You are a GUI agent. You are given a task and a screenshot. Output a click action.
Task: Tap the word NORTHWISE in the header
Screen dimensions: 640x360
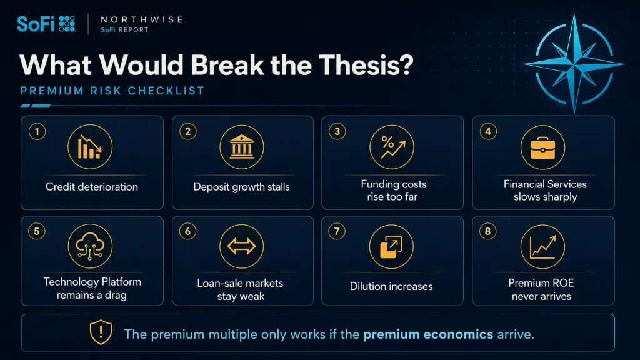pos(142,19)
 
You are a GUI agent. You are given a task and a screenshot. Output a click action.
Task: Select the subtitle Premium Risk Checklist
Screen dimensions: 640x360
pos(112,91)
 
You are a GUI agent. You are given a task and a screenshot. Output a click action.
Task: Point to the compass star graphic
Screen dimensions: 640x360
pos(574,64)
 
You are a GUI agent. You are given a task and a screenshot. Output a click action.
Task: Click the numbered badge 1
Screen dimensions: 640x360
pos(37,131)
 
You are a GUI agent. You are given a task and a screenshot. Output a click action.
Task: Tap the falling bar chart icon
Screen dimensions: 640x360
pos(90,147)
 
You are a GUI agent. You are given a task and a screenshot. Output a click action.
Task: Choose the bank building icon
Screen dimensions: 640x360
pos(242,147)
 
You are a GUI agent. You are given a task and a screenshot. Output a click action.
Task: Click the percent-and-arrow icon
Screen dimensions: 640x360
pos(392,147)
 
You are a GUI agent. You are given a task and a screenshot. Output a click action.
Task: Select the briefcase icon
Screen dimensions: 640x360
pos(543,147)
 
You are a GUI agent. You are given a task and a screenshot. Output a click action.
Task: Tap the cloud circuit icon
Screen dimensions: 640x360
pos(90,246)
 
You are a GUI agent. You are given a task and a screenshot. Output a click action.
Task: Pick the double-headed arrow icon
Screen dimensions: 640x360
pos(242,246)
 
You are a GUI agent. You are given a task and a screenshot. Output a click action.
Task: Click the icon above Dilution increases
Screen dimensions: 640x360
pos(391,246)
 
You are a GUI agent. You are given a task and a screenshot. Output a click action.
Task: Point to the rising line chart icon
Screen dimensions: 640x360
pos(543,246)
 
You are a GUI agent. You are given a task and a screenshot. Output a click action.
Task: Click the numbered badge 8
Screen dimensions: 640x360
pos(487,231)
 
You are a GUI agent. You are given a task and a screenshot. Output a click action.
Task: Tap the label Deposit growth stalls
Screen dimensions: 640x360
pos(242,187)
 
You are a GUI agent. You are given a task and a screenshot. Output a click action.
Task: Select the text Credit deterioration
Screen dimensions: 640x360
pos(92,187)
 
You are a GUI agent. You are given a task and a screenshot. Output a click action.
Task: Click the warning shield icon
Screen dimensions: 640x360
pos(101,332)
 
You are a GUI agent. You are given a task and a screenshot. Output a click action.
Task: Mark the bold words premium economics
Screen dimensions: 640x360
pos(428,335)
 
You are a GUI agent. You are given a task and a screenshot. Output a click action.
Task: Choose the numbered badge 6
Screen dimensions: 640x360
pos(187,231)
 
